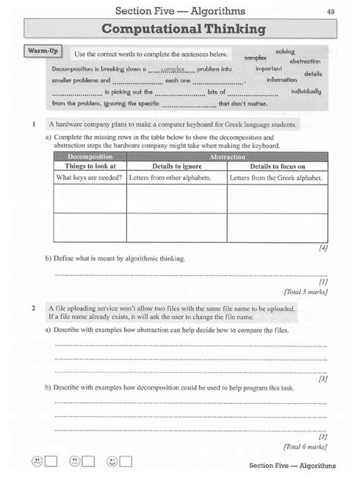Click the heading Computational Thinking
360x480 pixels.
tap(179, 30)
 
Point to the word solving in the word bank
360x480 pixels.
tap(285, 50)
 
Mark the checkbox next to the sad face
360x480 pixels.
tap(51, 461)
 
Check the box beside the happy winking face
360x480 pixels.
tap(125, 461)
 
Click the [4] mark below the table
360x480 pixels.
tap(322, 248)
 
